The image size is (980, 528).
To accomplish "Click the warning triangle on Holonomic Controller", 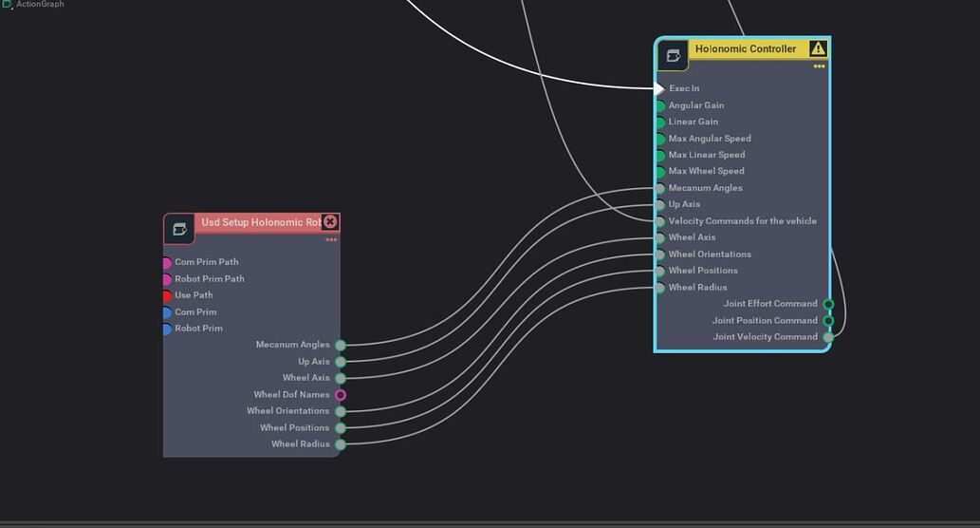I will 818,48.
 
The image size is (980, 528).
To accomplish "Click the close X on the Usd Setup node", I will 330,221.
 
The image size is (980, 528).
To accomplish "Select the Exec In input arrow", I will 660,88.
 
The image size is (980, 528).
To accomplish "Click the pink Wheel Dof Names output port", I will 341,395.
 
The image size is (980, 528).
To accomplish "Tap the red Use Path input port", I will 167,295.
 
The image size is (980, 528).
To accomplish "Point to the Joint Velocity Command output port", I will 828,337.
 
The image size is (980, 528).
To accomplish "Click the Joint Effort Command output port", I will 828,304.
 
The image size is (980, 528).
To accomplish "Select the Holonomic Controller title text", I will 746,48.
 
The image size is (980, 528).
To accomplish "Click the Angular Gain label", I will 695,105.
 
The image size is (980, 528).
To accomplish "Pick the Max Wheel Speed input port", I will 660,172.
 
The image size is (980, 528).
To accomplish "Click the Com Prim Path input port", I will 167,263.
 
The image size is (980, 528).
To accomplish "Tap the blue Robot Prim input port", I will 167,329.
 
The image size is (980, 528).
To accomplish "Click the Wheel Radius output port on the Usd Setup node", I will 341,444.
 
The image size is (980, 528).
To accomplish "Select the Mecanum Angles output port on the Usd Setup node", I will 341,346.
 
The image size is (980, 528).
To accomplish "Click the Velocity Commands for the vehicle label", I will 742,221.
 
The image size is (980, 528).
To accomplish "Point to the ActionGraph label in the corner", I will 40,5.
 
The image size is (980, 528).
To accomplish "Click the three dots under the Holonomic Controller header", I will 819,66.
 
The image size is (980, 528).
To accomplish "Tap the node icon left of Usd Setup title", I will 179,229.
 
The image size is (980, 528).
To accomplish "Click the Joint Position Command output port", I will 828,321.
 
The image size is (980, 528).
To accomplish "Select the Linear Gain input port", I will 660,123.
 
